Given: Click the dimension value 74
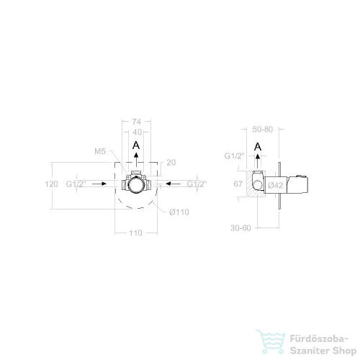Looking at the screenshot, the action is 136,122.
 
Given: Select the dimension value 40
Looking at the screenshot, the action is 137,132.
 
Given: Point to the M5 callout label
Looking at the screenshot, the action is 100,151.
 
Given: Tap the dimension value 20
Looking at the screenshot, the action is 171,163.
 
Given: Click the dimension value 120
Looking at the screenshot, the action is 51,184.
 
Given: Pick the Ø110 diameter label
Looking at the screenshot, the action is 179,212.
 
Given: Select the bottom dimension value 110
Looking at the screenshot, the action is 135,233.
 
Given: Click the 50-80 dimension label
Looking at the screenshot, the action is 263,130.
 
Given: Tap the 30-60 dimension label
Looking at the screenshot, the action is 240,228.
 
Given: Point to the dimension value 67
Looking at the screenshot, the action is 238,184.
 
